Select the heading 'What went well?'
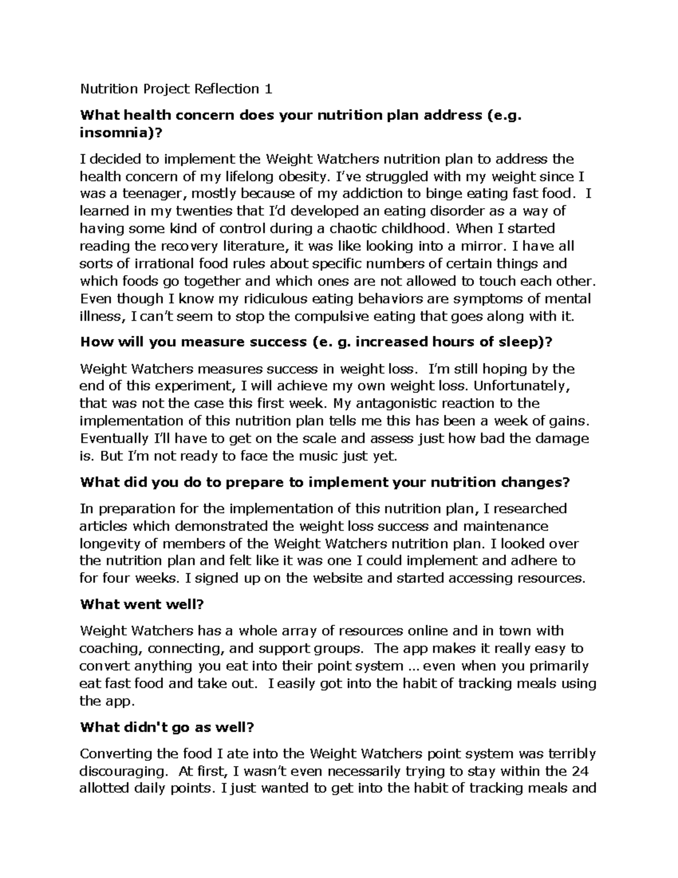pos(141,604)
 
